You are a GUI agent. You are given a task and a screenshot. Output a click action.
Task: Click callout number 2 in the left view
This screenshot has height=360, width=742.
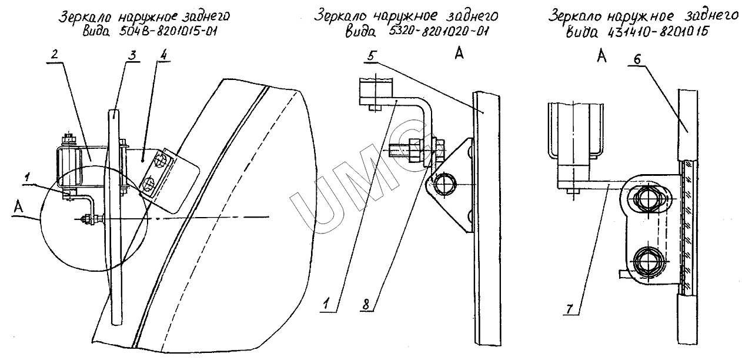[x=54, y=51]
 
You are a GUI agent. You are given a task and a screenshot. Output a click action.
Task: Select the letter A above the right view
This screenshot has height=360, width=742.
[x=601, y=56]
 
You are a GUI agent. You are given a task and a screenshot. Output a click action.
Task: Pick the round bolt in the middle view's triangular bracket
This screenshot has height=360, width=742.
[x=444, y=183]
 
